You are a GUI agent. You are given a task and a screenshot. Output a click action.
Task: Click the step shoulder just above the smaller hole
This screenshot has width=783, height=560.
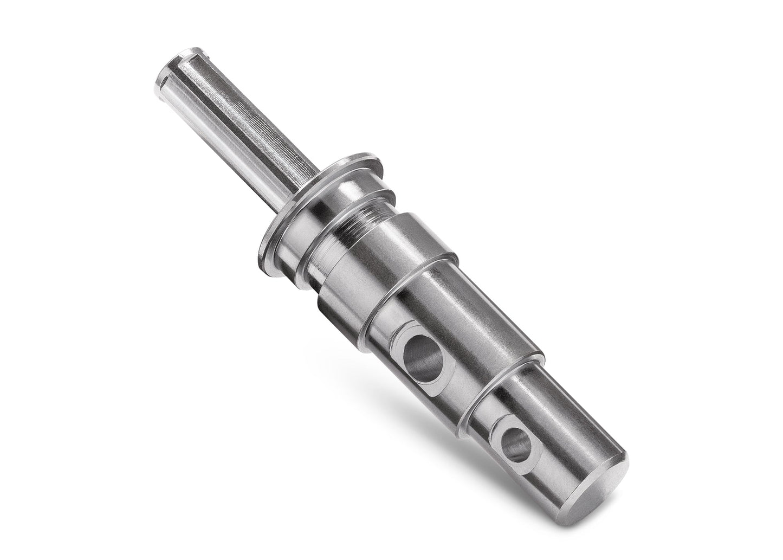pos(507,374)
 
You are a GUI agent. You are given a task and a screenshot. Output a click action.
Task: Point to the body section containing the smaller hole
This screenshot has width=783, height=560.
pos(558,434)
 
